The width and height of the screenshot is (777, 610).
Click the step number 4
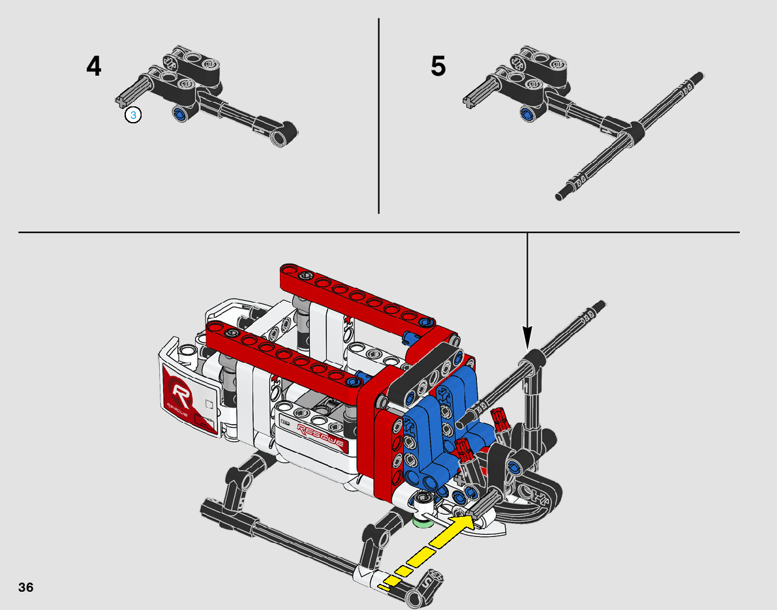point(94,67)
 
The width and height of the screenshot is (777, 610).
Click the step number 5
point(438,67)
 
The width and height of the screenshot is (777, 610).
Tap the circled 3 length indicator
point(133,115)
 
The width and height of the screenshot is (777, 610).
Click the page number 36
point(25,588)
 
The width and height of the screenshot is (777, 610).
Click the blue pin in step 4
point(179,114)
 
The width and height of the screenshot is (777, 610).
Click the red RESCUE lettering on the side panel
point(320,436)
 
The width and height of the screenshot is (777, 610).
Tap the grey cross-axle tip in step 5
point(469,100)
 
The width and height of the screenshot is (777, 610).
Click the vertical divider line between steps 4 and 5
point(378,116)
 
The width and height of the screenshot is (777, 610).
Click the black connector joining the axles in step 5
point(632,131)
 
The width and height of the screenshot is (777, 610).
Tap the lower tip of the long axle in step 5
point(559,197)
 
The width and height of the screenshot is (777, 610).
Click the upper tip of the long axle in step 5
point(700,76)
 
